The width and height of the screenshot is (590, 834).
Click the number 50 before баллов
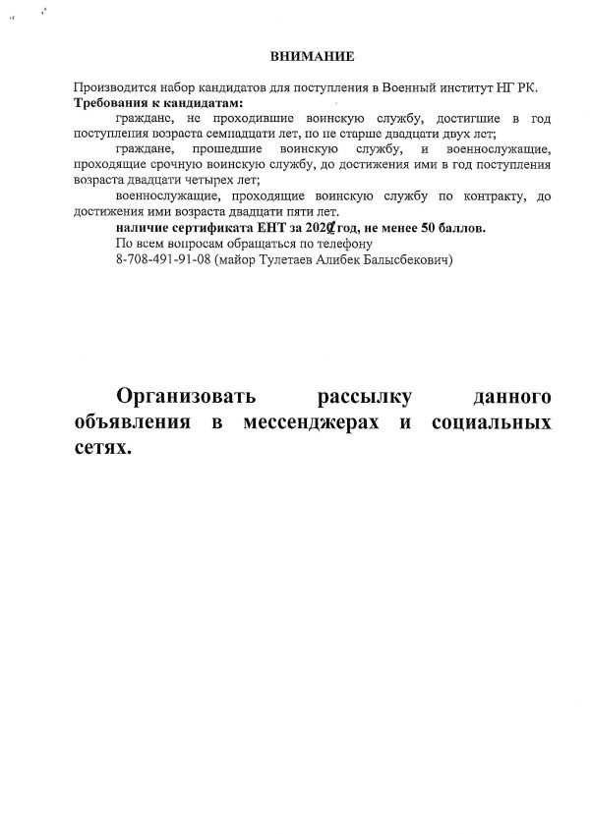pyautogui.click(x=430, y=228)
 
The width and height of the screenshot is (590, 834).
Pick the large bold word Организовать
pyautogui.click(x=186, y=397)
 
